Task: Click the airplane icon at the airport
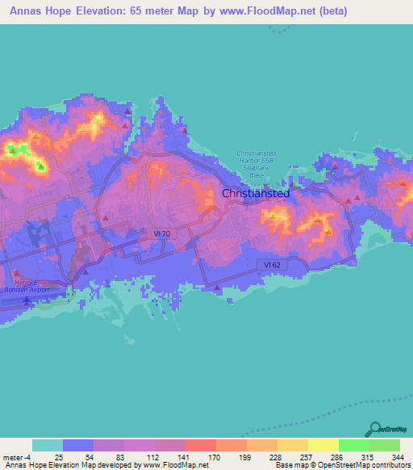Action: coord(29,301)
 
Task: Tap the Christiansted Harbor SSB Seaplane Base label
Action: coord(257,163)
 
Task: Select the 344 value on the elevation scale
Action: coord(397,456)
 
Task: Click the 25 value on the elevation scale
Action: coord(60,456)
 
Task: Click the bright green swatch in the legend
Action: coord(353,445)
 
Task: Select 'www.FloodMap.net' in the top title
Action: coord(269,13)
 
